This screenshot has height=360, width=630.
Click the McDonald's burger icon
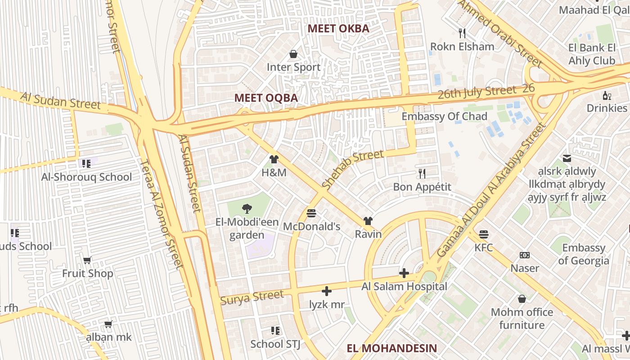pyautogui.click(x=311, y=213)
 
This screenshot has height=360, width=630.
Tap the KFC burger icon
pyautogui.click(x=484, y=234)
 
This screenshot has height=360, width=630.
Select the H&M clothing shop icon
pyautogui.click(x=274, y=159)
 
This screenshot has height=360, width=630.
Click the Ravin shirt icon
pyautogui.click(x=368, y=220)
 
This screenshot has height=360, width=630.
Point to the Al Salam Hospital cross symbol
pyautogui.click(x=404, y=273)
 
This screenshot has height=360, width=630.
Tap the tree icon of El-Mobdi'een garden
pyautogui.click(x=247, y=208)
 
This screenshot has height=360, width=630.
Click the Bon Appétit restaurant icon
pyautogui.click(x=422, y=173)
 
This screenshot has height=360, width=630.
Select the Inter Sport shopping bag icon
pyautogui.click(x=293, y=54)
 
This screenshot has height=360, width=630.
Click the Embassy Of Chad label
pyautogui.click(x=444, y=117)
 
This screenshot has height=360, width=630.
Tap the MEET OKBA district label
pyautogui.click(x=338, y=29)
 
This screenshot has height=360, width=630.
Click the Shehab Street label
pyautogui.click(x=353, y=169)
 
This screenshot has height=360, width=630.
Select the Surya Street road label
pyautogui.click(x=252, y=297)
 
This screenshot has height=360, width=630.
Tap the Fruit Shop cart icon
pyautogui.click(x=87, y=260)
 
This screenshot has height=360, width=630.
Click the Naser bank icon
pyautogui.click(x=525, y=255)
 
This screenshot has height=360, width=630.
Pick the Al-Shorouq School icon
pyautogui.click(x=85, y=163)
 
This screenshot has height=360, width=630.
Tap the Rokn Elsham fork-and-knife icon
pyautogui.click(x=462, y=33)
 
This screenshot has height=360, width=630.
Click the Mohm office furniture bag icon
pyautogui.click(x=522, y=299)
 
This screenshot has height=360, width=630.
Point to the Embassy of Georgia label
pyautogui.click(x=584, y=254)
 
